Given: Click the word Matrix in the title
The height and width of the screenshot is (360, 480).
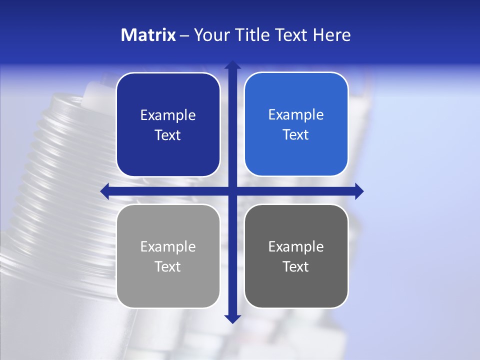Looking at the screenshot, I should coord(148,35).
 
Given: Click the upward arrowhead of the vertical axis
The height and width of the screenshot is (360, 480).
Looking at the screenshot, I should coord(232,65).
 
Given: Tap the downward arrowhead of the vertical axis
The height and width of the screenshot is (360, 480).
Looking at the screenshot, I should coord(232,318).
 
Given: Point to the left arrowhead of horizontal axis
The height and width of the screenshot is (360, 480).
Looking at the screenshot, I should coord(104,191).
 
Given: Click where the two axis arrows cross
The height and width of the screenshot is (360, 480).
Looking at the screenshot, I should coord(232,191).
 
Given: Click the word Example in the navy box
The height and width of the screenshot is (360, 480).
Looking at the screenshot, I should coord(168,115).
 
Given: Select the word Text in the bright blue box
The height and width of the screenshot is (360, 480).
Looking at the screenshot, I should coord(296,135).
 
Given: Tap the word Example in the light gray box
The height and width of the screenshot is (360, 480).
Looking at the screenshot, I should coord(168,247).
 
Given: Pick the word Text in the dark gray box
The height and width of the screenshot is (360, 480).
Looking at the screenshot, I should coord(296,266).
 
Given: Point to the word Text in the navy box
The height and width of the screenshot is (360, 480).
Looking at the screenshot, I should coord(168,135).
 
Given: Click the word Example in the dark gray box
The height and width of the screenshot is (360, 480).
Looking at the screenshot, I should coord(296,247).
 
